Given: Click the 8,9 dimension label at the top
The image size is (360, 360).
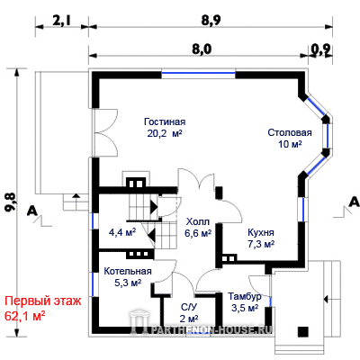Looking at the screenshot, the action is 210,21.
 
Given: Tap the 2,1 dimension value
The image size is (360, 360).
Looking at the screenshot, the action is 62,21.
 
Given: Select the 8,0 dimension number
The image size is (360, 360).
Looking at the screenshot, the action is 202,49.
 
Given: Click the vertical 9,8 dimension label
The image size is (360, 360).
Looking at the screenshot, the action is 11,202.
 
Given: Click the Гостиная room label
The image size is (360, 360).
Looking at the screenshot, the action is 165,121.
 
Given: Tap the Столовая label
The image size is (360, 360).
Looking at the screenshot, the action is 290,132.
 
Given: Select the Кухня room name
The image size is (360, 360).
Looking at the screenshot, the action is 261,232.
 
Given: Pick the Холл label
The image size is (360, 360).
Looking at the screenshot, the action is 198,222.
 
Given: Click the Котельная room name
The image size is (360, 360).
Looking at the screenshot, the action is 128,271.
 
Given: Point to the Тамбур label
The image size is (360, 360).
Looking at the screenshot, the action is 245,297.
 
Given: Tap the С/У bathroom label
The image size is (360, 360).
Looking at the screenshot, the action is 189,307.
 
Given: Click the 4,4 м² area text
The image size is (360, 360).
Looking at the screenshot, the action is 122,232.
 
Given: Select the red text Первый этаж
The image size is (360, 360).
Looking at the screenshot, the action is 43,301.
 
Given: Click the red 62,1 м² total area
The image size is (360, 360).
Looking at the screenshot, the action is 25,316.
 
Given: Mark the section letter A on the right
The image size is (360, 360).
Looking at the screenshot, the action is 355,202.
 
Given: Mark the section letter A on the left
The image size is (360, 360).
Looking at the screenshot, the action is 32,211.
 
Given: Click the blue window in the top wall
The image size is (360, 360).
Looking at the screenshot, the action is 198,73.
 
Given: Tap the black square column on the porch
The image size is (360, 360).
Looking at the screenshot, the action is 303,332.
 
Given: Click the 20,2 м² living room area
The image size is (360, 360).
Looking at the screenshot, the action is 165,133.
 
